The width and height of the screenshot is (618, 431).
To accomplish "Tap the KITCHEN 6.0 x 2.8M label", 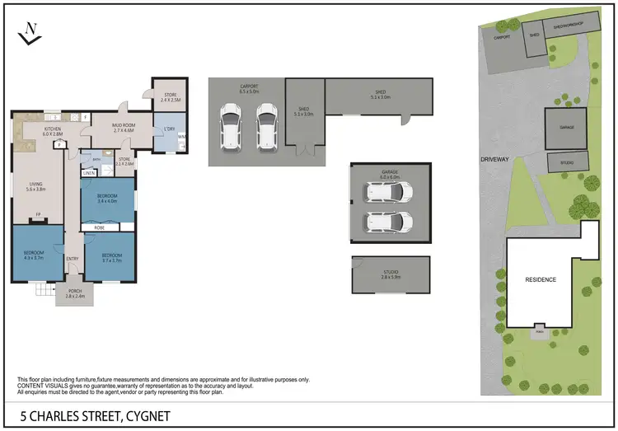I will (53, 132).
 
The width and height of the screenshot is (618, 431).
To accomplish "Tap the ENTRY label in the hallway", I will (73, 259).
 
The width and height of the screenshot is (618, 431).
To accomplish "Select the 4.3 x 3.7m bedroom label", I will (32, 253).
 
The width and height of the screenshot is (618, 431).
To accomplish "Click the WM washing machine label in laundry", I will (181, 137).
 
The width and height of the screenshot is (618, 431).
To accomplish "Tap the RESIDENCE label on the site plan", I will (541, 280).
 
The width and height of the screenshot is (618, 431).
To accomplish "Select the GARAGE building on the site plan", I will (566, 128).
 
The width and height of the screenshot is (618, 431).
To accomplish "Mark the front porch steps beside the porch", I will (42, 289).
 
